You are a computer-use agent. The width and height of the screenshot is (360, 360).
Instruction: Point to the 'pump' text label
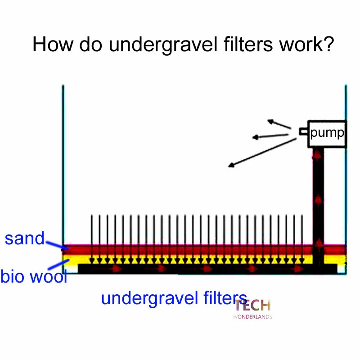click(x=327, y=133)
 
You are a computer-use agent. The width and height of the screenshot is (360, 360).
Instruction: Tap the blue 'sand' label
click(x=25, y=238)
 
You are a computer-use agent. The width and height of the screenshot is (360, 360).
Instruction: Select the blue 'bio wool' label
click(x=34, y=276)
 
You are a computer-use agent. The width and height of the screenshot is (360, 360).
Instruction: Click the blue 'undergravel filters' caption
click(x=174, y=298)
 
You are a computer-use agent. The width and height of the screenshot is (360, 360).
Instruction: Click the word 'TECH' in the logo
click(x=252, y=306)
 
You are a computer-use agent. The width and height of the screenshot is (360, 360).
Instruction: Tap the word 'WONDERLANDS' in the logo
click(x=252, y=316)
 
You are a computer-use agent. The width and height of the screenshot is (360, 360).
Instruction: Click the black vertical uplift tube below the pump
click(x=318, y=202)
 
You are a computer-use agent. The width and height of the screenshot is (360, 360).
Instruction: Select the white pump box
click(x=328, y=134)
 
